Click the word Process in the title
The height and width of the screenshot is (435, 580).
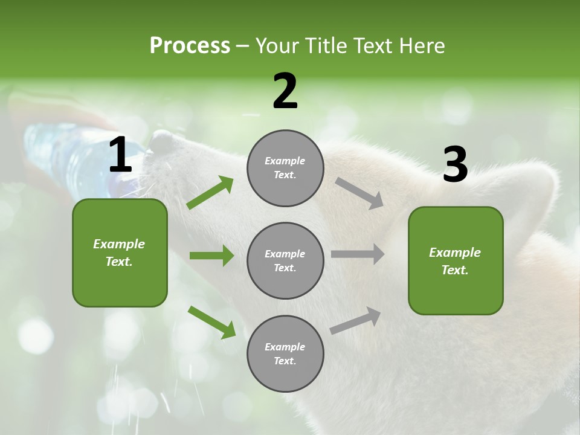[x=190, y=46]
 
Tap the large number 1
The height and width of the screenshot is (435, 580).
[x=120, y=155]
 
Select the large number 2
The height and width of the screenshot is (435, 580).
[x=285, y=91]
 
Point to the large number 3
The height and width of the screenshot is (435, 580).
[x=455, y=164]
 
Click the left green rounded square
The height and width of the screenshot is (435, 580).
[x=120, y=253]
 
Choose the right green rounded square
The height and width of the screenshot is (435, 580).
[x=456, y=260]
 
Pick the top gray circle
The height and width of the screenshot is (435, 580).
[x=285, y=168]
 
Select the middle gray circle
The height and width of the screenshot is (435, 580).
[x=285, y=260]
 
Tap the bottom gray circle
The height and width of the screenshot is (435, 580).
[x=285, y=353]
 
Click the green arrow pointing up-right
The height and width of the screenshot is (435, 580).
[x=210, y=193]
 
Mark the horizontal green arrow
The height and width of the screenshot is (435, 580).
[x=211, y=256]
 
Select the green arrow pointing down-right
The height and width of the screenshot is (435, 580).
[x=211, y=322]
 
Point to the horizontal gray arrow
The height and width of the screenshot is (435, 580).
[x=358, y=254]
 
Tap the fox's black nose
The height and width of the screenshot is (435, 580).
[x=161, y=141]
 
